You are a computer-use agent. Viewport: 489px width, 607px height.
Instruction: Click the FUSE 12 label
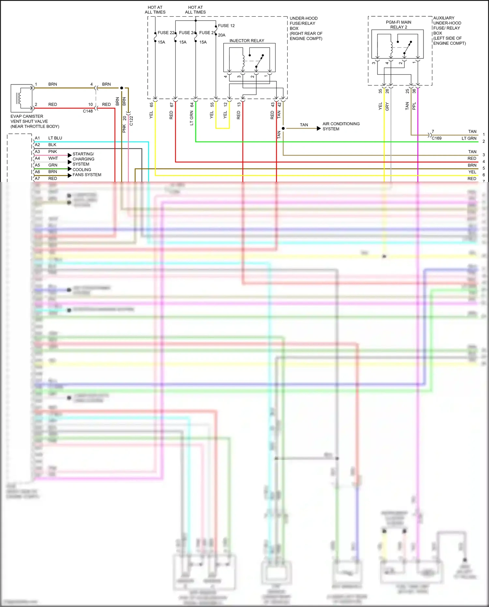pos(226,26)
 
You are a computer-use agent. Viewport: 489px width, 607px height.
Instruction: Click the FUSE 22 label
pos(166,33)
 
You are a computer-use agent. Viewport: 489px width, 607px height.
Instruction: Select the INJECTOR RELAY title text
pos(247,41)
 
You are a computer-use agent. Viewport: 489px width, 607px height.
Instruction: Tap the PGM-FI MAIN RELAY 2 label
pos(398,25)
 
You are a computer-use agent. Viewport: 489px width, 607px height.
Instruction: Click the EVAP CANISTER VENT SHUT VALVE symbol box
pos(22,98)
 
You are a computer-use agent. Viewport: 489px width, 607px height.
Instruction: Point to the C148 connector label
pos(88,111)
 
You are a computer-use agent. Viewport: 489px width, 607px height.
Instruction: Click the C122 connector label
pos(131,121)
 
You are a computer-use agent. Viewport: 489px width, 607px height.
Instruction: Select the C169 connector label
pos(437,138)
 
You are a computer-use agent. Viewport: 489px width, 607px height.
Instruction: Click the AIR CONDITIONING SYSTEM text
pos(341,126)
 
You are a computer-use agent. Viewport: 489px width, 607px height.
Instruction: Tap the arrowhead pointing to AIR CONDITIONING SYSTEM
pos(319,129)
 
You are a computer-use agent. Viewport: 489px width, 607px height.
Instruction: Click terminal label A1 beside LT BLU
pos(37,138)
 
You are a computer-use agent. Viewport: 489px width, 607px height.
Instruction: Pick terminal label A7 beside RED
pos(37,179)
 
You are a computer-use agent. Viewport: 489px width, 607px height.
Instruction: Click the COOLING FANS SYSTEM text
pos(87,172)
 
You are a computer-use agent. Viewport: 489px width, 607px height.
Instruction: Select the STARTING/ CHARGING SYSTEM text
pos(83,159)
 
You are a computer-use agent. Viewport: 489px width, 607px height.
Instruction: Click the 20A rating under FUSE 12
pos(222,35)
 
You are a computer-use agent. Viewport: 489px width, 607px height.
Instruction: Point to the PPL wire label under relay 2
pos(414,106)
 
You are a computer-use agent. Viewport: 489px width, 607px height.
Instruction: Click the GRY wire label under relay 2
pos(387,106)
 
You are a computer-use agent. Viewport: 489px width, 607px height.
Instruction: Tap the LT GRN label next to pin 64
pos(192,118)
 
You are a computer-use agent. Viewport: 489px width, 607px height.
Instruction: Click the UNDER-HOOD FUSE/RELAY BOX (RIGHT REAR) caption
pos(306,28)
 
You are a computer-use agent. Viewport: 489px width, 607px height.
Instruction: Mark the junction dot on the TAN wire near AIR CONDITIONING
pos(283,129)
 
